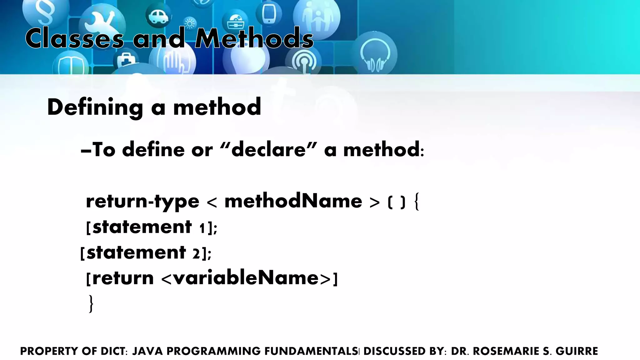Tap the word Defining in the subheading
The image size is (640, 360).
(x=95, y=107)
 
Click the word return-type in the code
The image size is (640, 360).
(x=142, y=201)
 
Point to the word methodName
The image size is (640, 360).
(x=293, y=201)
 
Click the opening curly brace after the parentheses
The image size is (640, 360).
(x=416, y=202)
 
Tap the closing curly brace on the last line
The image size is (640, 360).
(x=91, y=304)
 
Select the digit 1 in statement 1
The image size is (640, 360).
(x=202, y=228)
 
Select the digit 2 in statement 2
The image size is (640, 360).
(x=196, y=253)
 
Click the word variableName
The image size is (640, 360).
(x=246, y=278)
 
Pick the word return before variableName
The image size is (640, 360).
(x=123, y=278)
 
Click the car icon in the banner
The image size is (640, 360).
(x=159, y=16)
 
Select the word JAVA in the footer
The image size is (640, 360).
(x=148, y=351)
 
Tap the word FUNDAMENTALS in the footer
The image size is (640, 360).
(x=311, y=351)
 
